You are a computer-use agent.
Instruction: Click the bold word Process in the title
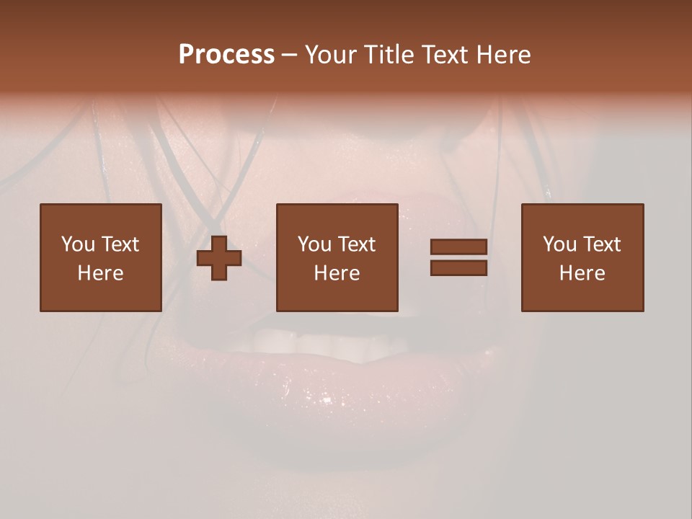(226, 54)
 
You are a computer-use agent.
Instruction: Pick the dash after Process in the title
(289, 56)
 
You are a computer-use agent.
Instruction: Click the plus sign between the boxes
(219, 258)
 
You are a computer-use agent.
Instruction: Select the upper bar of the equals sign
(458, 247)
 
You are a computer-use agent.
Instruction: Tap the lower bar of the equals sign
(458, 267)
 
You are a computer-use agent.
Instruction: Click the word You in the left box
(78, 244)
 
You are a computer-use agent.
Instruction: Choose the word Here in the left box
(100, 272)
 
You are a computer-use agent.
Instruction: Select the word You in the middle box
(314, 244)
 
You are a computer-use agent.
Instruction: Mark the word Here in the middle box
(337, 272)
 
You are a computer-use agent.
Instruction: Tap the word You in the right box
(559, 244)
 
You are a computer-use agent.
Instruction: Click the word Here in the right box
(582, 272)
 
